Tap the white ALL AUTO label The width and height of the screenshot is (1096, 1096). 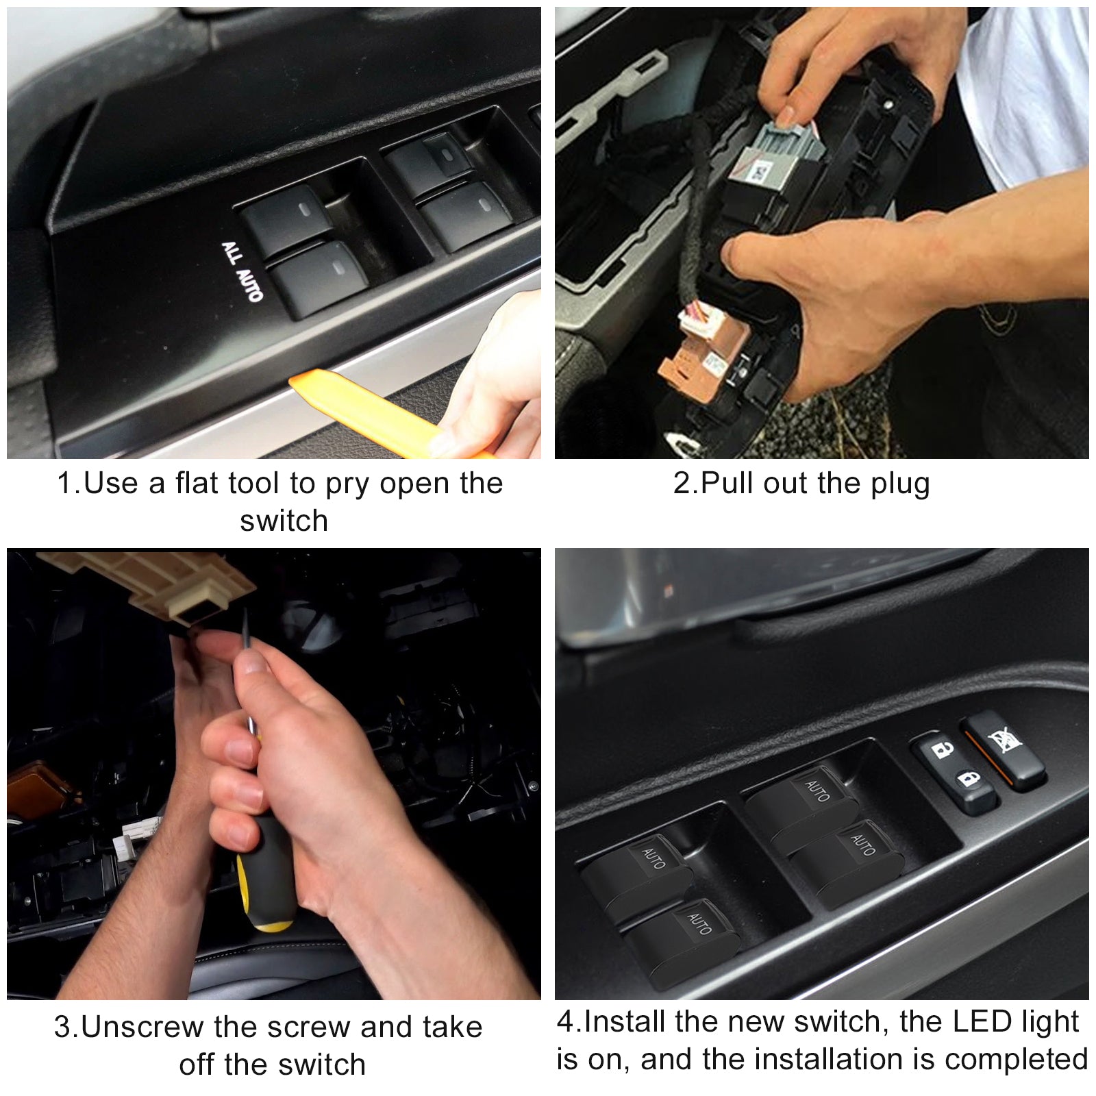242,271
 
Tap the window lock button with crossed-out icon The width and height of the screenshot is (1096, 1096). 1004,751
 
